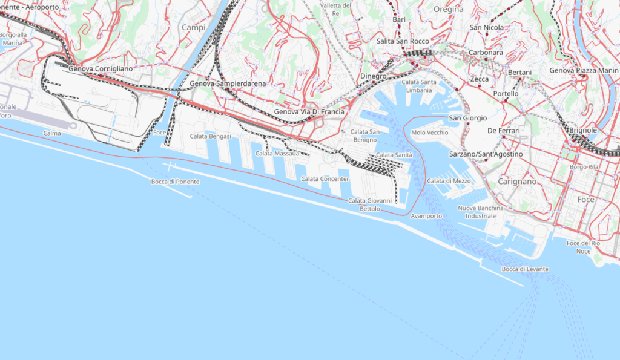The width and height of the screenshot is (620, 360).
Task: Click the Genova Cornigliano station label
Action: point(101,69)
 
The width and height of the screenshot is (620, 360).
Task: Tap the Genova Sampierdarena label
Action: point(228,83)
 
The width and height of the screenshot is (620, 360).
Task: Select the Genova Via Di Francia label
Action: point(309,112)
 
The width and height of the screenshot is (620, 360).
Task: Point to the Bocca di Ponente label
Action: point(175,182)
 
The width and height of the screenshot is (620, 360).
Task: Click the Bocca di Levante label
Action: point(525,269)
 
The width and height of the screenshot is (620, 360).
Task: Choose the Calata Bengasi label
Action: point(211,137)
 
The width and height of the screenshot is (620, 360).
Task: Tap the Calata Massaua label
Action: point(277,154)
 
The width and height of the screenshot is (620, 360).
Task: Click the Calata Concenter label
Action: point(325,179)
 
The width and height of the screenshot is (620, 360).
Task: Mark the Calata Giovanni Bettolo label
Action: point(370,205)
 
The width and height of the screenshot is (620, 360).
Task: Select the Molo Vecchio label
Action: point(429,133)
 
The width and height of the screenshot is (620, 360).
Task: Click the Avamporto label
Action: point(426,216)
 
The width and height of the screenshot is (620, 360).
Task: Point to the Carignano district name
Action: point(517,182)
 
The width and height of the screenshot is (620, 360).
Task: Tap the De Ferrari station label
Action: point(504,131)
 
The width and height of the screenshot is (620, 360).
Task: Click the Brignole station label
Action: point(584,130)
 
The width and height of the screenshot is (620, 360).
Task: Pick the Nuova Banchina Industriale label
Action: point(481,212)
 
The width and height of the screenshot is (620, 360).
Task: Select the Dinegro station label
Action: point(373,77)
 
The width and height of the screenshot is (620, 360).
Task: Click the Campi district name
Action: point(194,28)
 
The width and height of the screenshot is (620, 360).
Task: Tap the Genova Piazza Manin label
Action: point(584,71)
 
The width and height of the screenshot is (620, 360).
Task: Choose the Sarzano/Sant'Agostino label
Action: point(477,155)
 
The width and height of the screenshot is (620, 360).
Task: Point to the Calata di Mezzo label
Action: point(449,181)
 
